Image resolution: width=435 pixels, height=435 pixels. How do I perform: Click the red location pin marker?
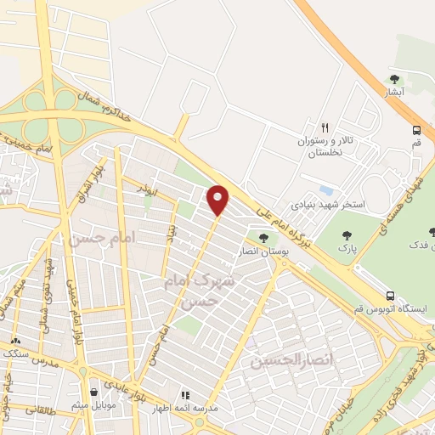point(219,199)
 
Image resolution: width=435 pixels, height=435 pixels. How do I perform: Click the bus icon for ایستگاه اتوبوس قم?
point(390,296)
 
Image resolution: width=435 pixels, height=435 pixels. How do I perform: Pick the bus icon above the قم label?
point(416,130)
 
